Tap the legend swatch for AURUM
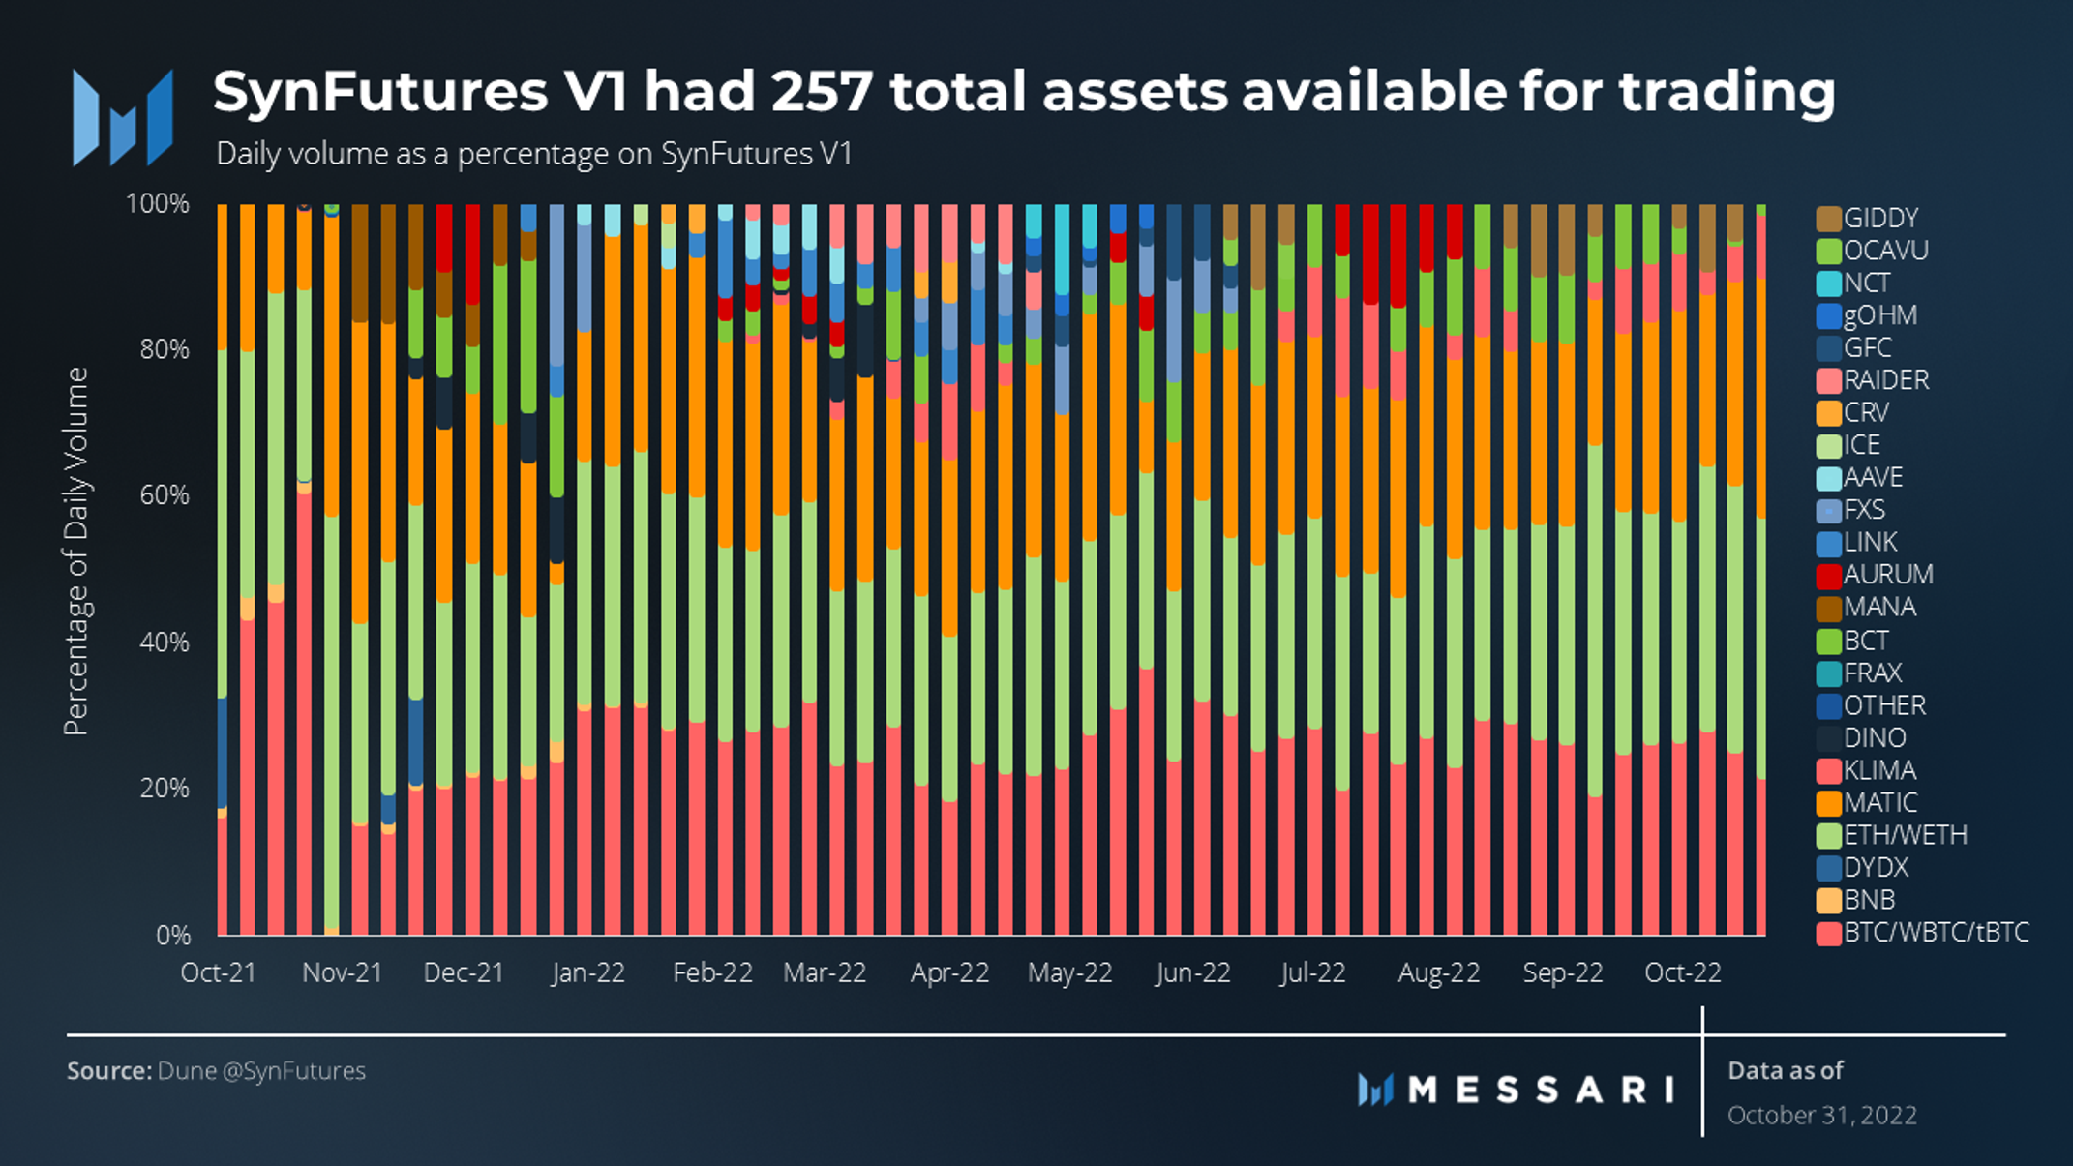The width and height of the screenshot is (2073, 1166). tap(1828, 575)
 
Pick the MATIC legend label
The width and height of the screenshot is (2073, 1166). tap(1879, 802)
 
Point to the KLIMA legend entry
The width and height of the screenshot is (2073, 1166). tap(1878, 770)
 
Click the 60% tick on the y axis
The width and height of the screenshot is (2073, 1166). tap(165, 495)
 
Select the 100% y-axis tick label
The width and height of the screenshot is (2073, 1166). tap(158, 204)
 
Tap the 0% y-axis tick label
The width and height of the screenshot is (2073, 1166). tap(173, 935)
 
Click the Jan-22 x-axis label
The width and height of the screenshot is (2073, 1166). tap(588, 972)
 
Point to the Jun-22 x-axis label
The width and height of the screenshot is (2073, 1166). tap(1193, 972)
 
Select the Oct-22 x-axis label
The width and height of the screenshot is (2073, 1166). tap(1683, 972)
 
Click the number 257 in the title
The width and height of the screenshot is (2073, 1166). tap(823, 92)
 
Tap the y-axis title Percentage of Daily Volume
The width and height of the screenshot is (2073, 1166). tap(75, 552)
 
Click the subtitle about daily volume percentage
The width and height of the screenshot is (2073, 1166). tap(533, 154)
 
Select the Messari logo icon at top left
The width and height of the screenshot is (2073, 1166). tap(123, 118)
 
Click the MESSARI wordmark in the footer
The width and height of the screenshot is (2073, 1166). tap(1541, 1091)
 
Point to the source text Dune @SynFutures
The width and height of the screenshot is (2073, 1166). tap(260, 1071)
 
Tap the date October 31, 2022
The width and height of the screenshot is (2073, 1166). tap(1821, 1115)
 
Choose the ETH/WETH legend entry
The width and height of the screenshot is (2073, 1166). tap(1904, 835)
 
